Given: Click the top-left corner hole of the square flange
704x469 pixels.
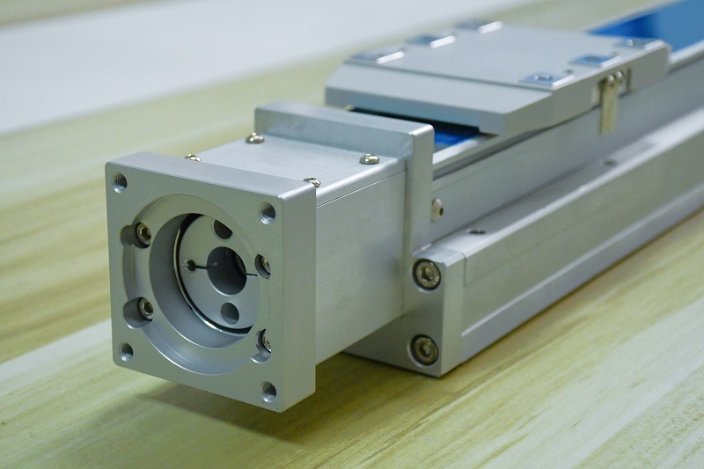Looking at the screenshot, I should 120,183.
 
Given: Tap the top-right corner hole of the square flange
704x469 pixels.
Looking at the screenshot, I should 268,212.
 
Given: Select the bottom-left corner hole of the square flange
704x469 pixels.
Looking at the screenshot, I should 127,350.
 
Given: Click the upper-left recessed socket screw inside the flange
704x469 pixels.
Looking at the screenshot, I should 142,233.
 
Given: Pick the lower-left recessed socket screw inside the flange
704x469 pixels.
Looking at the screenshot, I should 144,308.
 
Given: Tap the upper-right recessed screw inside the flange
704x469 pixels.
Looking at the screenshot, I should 262,264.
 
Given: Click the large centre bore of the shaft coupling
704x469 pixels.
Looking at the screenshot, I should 226,270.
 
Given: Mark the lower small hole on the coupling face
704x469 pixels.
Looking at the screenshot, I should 230,312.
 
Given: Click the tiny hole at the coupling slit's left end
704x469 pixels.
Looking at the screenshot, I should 191,263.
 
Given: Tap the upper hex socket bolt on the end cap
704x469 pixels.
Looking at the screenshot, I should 428,275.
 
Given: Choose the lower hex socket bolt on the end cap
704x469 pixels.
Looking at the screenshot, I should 425,350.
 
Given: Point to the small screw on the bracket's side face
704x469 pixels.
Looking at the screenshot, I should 437,207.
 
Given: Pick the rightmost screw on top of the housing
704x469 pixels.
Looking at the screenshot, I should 370,159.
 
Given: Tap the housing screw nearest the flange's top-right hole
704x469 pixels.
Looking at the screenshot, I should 312,182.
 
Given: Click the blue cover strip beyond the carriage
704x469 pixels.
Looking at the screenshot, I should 651,26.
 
